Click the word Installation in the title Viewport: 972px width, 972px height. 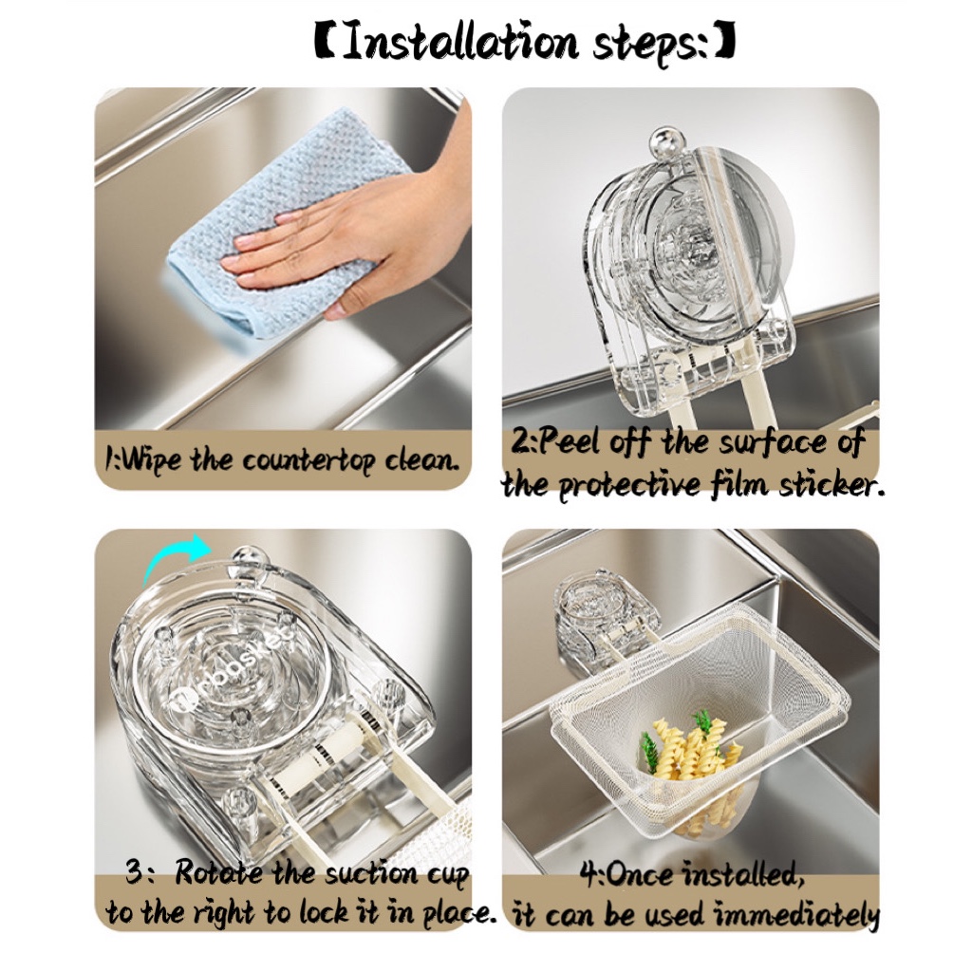pyautogui.click(x=459, y=42)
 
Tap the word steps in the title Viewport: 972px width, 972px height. pyautogui.click(x=650, y=45)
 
